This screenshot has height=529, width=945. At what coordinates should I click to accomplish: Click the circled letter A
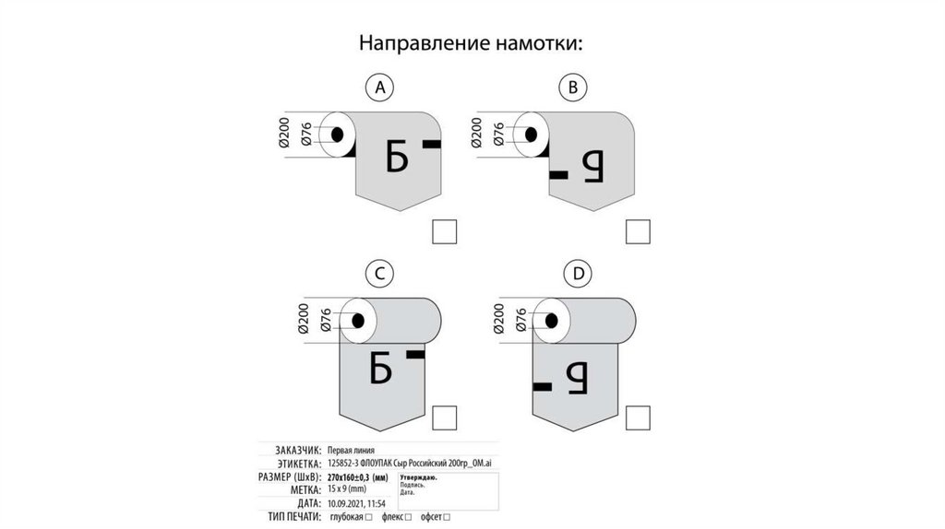[379, 88]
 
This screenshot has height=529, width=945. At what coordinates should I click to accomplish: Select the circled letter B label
[573, 88]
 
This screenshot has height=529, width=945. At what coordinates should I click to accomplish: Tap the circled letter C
[379, 273]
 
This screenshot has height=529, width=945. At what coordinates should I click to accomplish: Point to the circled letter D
[578, 273]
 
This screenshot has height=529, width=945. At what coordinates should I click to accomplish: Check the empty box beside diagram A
[445, 231]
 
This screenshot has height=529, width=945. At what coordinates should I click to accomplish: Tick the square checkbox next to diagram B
[639, 231]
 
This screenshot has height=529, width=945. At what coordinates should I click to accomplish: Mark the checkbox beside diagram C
[445, 417]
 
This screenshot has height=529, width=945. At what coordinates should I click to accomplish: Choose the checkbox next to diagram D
[639, 417]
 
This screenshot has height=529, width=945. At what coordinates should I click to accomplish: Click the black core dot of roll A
[338, 135]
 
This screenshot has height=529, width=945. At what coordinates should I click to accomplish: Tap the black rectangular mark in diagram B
[559, 173]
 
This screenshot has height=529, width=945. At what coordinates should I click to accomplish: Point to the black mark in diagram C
[415, 354]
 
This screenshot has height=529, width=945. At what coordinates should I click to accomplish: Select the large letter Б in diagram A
[396, 158]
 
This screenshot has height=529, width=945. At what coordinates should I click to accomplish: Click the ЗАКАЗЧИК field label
[294, 449]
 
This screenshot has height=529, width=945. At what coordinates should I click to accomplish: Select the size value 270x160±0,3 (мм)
[361, 477]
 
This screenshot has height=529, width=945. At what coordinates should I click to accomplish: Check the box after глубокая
[369, 519]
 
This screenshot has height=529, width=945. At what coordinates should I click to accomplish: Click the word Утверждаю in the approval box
[418, 477]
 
